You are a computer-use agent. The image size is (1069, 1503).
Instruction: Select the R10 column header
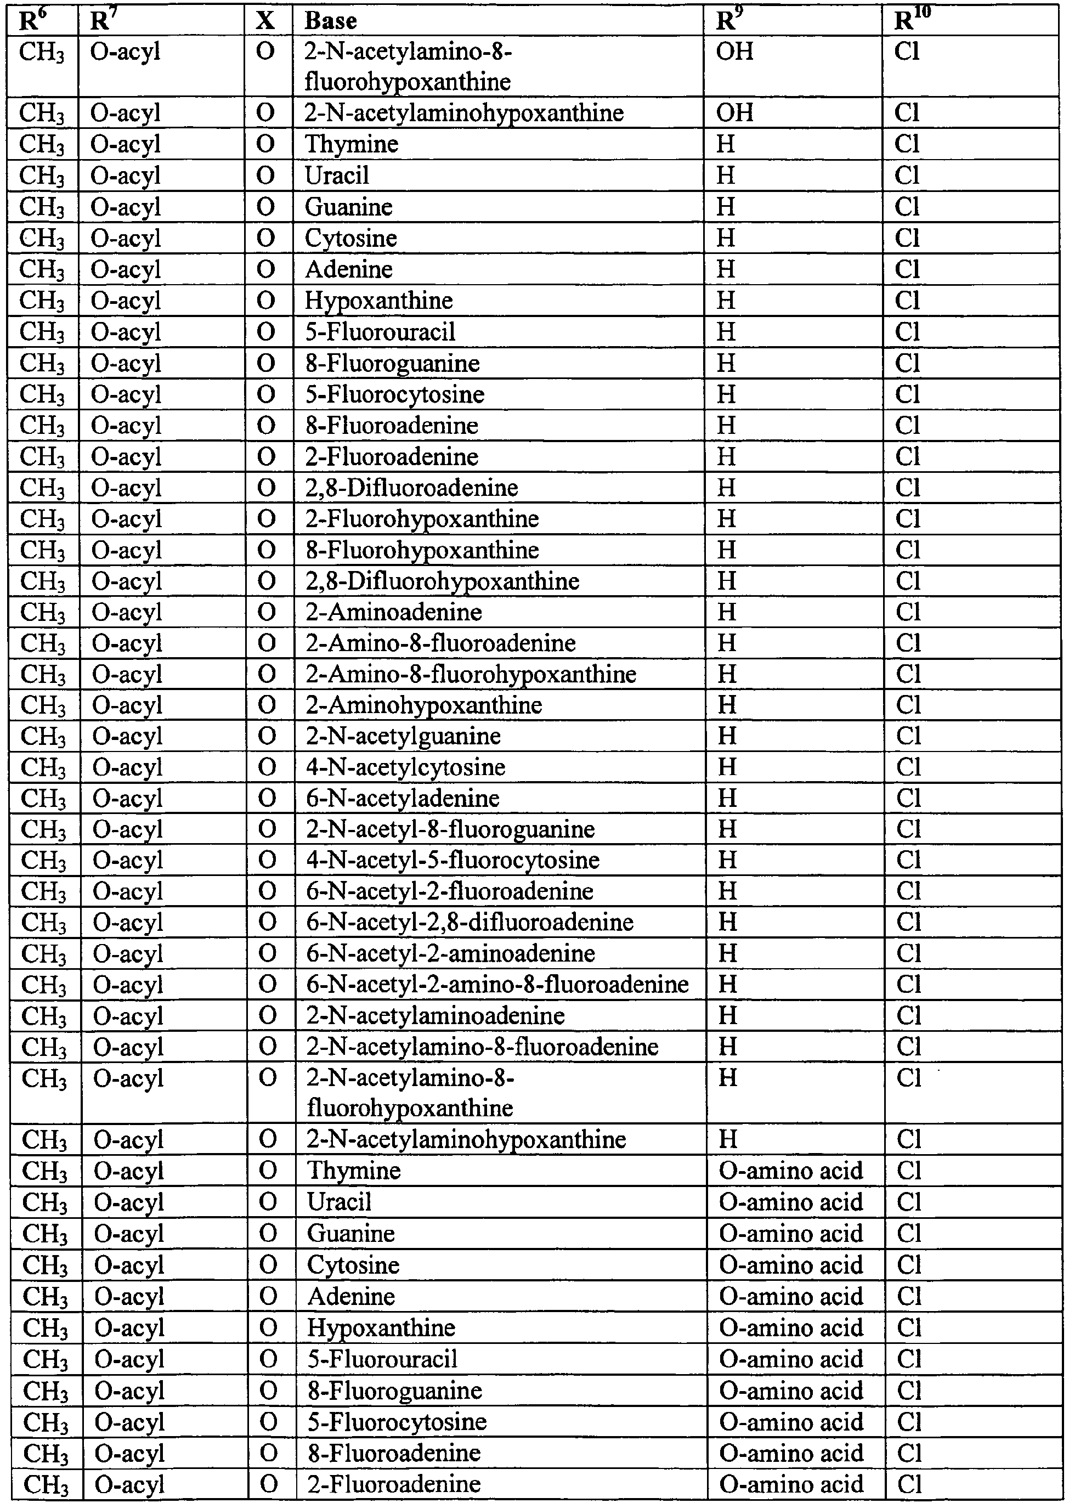pos(912,20)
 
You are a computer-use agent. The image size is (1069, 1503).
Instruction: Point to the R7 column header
pos(100,20)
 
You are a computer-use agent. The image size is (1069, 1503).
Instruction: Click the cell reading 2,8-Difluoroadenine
pos(412,488)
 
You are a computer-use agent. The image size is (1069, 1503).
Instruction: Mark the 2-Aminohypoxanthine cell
pos(425,705)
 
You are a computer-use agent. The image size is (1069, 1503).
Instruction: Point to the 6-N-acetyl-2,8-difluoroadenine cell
pos(470,922)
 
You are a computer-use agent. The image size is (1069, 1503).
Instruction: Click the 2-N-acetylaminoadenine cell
pos(435,1016)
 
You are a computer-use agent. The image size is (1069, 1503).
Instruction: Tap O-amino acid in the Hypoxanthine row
pos(790,1328)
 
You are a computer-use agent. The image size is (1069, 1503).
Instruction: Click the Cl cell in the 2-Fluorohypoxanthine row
pos(907,519)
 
